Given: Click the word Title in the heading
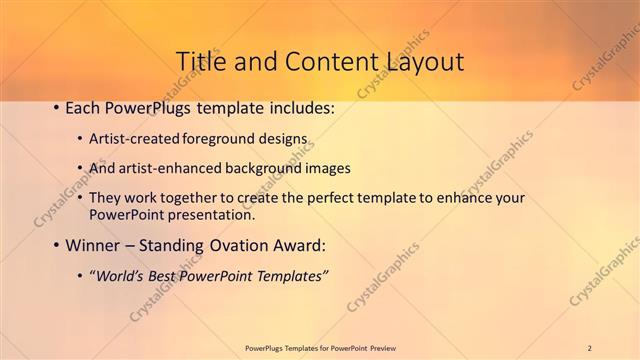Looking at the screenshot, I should pyautogui.click(x=203, y=61).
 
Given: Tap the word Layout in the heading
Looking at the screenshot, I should pyautogui.click(x=421, y=61).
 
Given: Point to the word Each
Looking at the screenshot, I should pyautogui.click(x=82, y=107).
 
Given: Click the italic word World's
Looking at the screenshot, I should pyautogui.click(x=120, y=276).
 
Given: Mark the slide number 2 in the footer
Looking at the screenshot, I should pyautogui.click(x=590, y=348).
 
